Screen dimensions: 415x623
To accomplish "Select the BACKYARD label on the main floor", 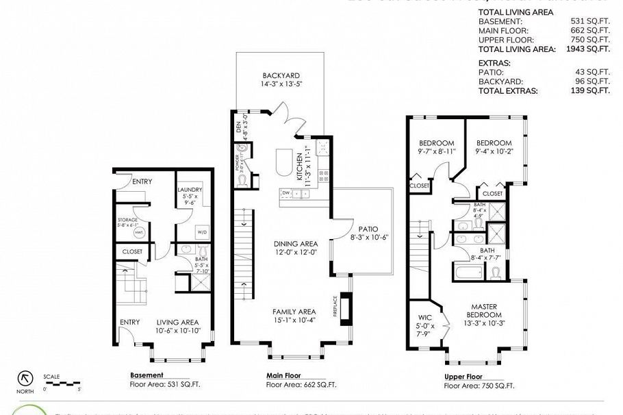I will coord(281,75).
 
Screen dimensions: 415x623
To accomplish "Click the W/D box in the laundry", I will coord(203,231).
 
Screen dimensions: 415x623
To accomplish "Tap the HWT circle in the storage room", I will coord(139,233).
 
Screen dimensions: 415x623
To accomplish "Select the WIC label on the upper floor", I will coord(423,317).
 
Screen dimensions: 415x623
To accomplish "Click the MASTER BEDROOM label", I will coord(483,311).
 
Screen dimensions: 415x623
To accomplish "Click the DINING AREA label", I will coord(296,243).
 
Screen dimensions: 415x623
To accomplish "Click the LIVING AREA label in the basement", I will coord(178,322).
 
